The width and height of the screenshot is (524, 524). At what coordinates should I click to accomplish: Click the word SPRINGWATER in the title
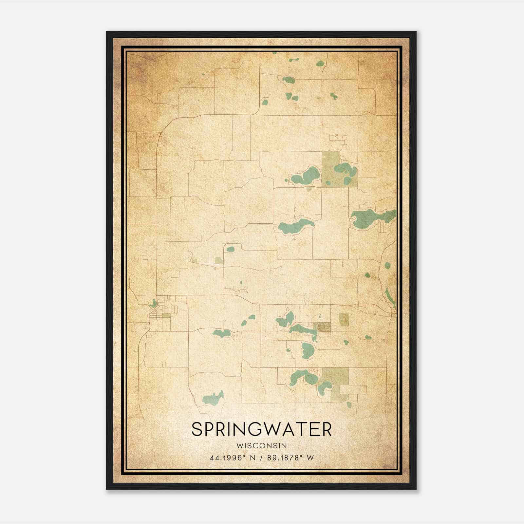(x=261, y=429)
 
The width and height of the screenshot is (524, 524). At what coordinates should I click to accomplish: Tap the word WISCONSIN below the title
(x=261, y=445)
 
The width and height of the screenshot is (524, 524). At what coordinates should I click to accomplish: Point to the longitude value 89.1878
(x=282, y=458)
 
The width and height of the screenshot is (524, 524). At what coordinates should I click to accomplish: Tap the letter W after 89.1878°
(x=310, y=458)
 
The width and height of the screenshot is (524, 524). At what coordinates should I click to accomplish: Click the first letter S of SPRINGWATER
(x=196, y=429)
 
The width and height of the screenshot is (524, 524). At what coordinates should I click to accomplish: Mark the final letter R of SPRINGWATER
(x=327, y=429)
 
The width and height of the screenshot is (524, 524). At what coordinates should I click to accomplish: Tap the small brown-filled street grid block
(x=322, y=327)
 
